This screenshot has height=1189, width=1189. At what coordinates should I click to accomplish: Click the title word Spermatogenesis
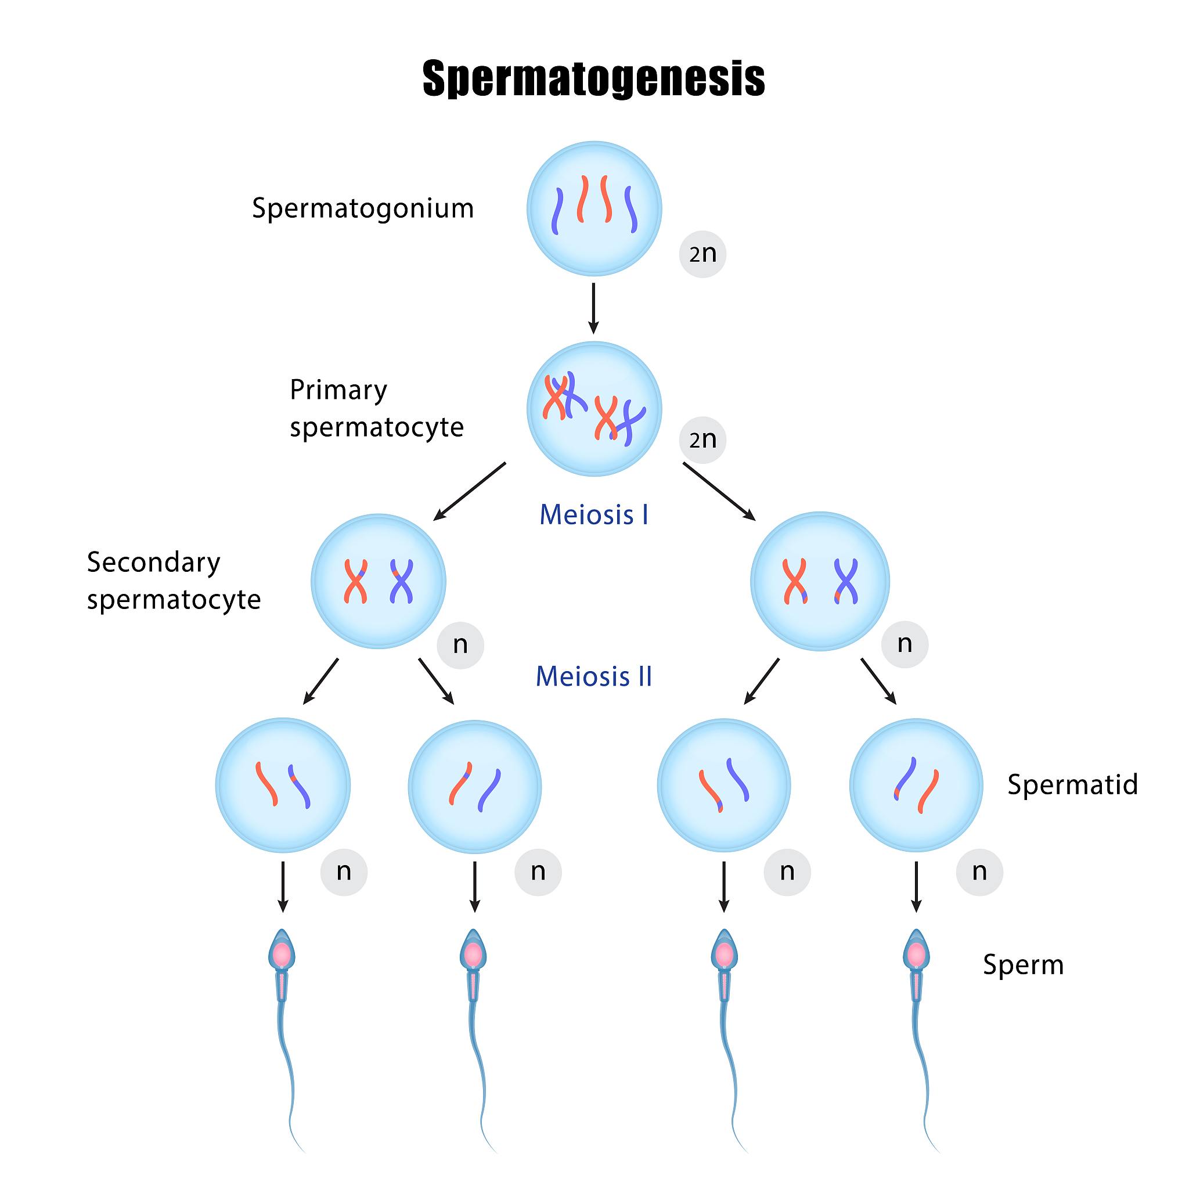(593, 79)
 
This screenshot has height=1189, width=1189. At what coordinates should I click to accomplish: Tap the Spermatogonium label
(362, 208)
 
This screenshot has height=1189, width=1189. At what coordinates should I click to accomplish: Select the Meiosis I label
(594, 514)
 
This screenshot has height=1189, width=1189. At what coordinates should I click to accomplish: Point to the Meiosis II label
(594, 676)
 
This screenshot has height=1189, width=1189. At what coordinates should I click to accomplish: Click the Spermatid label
(1072, 785)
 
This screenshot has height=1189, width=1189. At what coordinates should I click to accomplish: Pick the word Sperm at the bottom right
(1023, 964)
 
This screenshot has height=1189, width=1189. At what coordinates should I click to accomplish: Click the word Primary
(338, 390)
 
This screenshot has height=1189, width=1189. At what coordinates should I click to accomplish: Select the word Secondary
(153, 563)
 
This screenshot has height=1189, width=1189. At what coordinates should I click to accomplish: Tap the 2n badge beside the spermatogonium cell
(702, 254)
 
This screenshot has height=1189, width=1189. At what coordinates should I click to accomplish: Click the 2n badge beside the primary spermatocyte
(702, 440)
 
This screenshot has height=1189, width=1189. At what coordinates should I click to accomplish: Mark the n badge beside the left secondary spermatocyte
(460, 645)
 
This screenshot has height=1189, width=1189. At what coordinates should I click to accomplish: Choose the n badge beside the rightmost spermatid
(979, 872)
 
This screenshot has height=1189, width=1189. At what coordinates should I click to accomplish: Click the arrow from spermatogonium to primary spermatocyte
(593, 308)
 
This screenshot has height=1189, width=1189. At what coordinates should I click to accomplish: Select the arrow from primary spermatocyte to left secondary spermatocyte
(469, 491)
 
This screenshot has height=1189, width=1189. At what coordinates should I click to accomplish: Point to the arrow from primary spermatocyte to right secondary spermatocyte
(719, 491)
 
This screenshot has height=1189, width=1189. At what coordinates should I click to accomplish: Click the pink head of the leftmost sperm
(282, 955)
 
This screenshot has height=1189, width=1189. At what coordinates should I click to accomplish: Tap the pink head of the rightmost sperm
(916, 955)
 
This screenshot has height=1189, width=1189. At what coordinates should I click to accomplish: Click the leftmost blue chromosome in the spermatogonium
(557, 211)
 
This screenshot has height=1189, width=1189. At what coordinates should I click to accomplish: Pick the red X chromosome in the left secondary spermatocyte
(356, 581)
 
